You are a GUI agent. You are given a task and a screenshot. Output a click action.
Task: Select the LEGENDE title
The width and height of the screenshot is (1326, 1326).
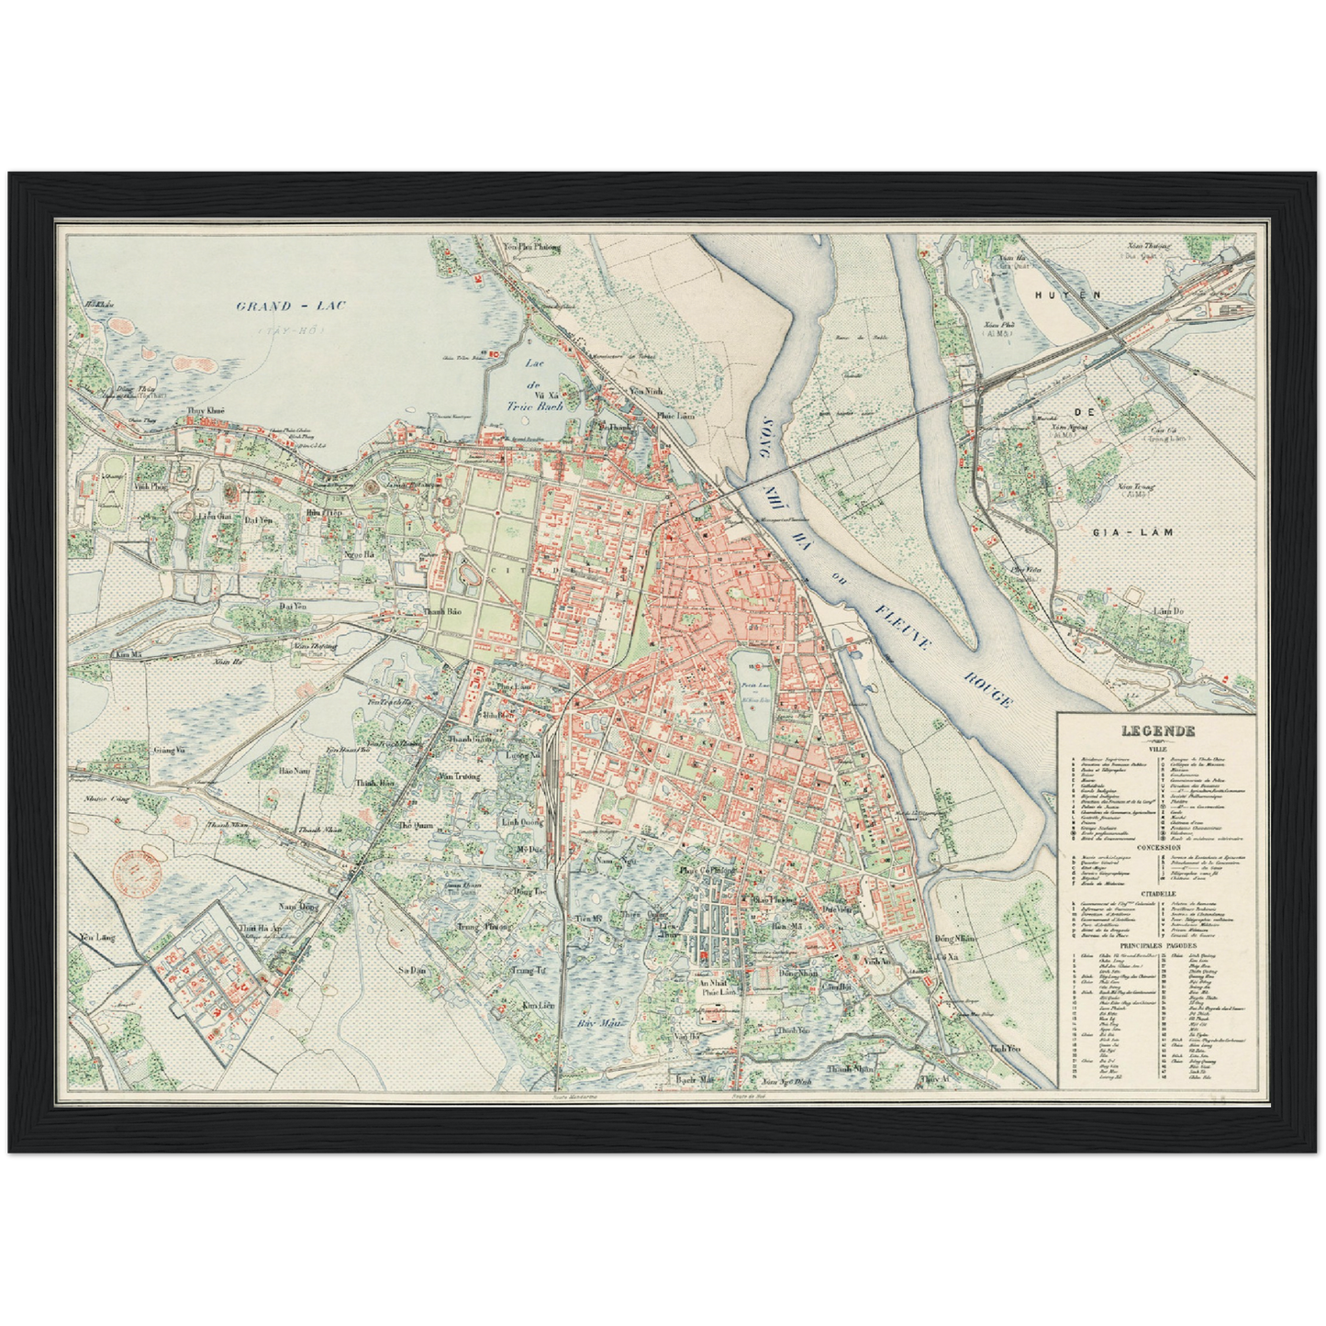tap(1155, 731)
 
